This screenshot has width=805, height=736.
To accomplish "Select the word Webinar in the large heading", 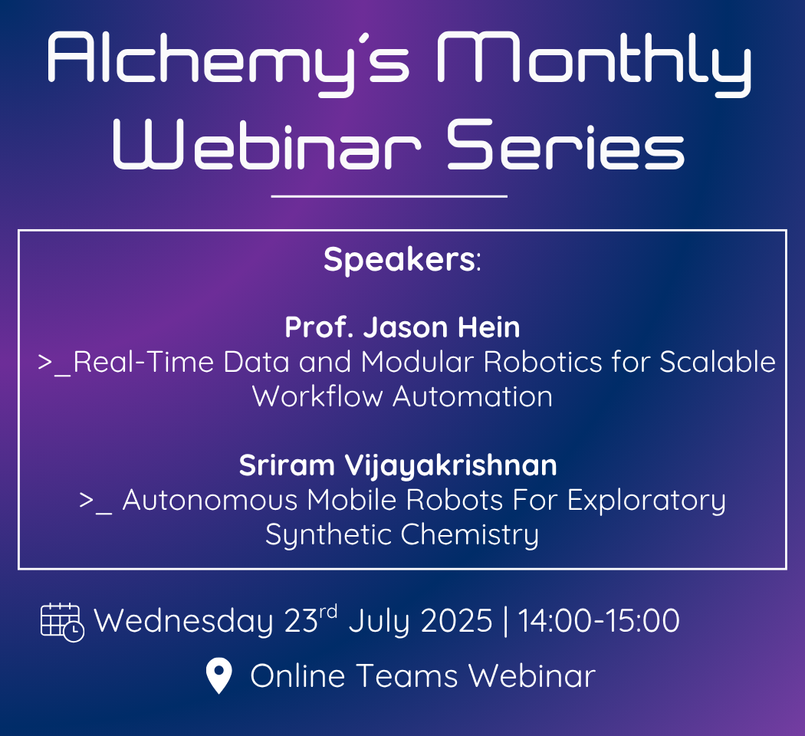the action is pos(267,143).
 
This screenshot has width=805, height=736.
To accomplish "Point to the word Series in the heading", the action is pos(566,143).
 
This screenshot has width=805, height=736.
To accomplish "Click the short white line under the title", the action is pos(389,196).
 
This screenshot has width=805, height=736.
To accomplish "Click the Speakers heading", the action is pos(402,260).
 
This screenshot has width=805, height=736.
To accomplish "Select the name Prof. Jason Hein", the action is pos(402,327).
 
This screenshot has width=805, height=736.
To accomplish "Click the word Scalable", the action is pos(718,362).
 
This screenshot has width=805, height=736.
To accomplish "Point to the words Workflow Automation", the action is pos(402,396).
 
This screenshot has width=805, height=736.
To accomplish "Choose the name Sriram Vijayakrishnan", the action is pos(398,466).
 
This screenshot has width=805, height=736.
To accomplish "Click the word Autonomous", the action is pos(210,500).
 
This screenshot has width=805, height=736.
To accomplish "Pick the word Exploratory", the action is pos(647,501).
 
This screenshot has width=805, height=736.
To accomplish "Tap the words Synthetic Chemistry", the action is pos(402,535).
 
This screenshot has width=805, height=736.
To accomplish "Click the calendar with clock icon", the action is pos(62,622).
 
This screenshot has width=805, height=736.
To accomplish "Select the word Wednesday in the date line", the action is pos(183,621).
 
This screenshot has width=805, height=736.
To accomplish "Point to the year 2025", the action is pos(456,620).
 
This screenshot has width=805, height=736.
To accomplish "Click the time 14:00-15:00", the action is pos(599,620).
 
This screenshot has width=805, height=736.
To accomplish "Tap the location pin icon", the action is pos(219,676).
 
